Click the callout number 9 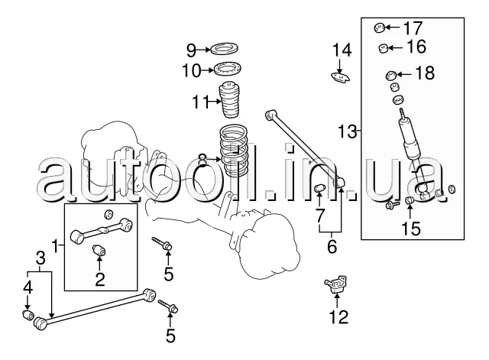[191, 51]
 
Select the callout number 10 [190, 71]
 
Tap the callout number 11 [199, 100]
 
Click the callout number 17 [413, 28]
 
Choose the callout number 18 [424, 73]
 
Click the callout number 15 [411, 227]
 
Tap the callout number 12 [338, 316]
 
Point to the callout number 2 [99, 279]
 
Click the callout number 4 [28, 288]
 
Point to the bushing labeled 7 [321, 189]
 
